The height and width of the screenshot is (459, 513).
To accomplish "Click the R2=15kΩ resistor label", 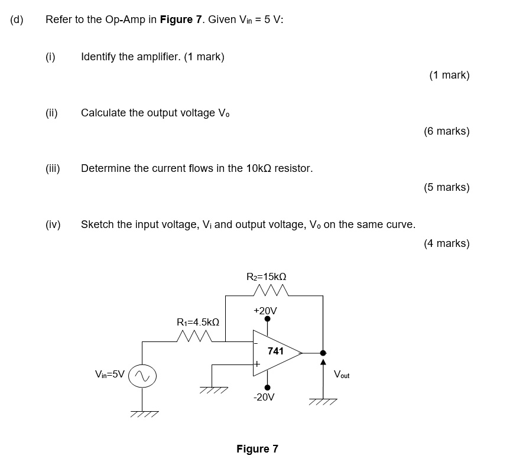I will pos(266,276).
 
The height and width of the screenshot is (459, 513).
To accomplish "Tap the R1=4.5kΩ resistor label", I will pos(198,322).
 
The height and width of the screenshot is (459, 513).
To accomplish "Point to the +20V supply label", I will pos(265,310).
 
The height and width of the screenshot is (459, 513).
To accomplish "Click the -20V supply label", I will pos(264,397).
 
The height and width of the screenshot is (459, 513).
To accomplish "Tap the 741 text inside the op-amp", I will pos(275,351).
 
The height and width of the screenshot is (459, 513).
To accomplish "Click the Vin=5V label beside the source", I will pos(110,374).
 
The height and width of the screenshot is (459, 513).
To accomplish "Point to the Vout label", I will pos(342,375).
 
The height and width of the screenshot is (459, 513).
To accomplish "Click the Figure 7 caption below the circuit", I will pos(257,449).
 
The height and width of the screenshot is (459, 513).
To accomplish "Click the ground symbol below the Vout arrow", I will pos(323,402).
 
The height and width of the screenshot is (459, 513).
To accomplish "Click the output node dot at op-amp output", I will pos(323,353).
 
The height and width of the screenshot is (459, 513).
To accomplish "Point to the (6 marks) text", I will pos(446,131).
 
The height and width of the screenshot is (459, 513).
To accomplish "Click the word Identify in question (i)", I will pos(100,57).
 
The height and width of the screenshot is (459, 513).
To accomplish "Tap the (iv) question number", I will pos(53,224).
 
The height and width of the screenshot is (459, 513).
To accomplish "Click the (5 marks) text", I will pos(446,187).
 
